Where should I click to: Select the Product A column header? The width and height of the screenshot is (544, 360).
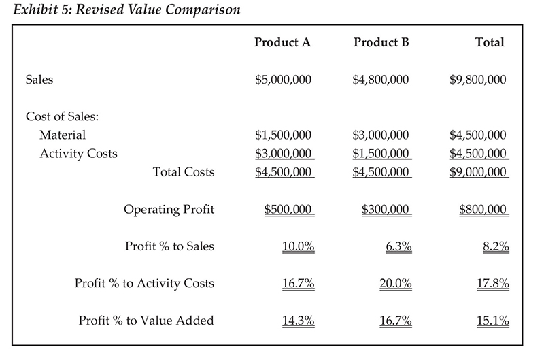pyautogui.click(x=282, y=42)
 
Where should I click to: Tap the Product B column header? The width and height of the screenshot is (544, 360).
pyautogui.click(x=381, y=42)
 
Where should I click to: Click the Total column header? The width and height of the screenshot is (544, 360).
pyautogui.click(x=490, y=42)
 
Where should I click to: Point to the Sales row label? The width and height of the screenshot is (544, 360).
pyautogui.click(x=39, y=80)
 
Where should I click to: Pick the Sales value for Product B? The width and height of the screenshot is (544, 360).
pyautogui.click(x=381, y=80)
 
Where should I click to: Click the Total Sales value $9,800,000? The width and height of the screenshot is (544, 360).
pyautogui.click(x=478, y=80)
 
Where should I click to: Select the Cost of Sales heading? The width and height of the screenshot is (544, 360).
pyautogui.click(x=63, y=116)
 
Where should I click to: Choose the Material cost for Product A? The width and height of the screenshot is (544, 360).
pyautogui.click(x=283, y=135)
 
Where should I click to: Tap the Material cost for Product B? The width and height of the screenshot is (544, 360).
pyautogui.click(x=381, y=135)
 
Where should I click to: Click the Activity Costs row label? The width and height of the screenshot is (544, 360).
pyautogui.click(x=78, y=153)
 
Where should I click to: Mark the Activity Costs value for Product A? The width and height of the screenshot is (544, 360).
pyautogui.click(x=283, y=153)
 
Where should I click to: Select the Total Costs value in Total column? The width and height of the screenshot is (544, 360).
pyautogui.click(x=478, y=171)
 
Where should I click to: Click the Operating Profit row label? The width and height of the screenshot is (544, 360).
pyautogui.click(x=169, y=209)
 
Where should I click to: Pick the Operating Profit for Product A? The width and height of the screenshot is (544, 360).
pyautogui.click(x=288, y=209)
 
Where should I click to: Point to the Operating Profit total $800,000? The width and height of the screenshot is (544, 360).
pyautogui.click(x=483, y=209)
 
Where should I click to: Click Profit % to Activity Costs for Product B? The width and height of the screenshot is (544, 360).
pyautogui.click(x=396, y=283)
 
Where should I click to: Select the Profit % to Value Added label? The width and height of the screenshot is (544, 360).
pyautogui.click(x=146, y=320)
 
